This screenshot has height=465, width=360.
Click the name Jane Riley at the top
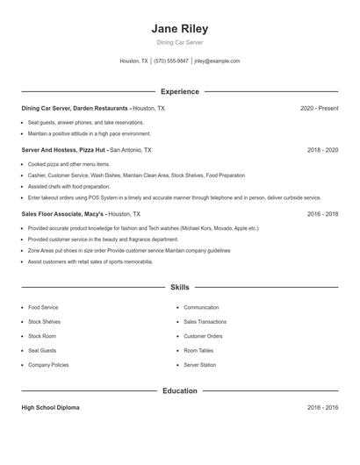coord(180,28)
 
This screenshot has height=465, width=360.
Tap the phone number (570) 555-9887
coord(170,61)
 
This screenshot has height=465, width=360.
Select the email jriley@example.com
coord(217,61)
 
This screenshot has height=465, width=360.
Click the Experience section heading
coord(180,91)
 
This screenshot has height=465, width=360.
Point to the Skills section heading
coord(180,287)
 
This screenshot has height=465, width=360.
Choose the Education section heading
coord(180,390)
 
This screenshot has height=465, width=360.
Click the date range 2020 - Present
coord(319,108)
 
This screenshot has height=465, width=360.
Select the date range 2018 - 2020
coord(322,150)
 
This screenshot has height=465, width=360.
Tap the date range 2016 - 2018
coord(322,213)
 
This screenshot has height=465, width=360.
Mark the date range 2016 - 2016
coord(322,408)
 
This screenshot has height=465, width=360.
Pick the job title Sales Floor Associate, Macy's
coord(62,213)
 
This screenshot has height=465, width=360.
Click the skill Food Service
coord(43,308)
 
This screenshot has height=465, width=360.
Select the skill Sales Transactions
coord(205,322)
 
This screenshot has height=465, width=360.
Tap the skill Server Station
coord(199,364)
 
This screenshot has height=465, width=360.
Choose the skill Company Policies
coord(48,364)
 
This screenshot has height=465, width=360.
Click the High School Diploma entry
coord(51,408)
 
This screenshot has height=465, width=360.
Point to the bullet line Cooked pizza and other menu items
coord(68,164)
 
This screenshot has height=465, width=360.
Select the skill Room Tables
coord(198,350)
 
